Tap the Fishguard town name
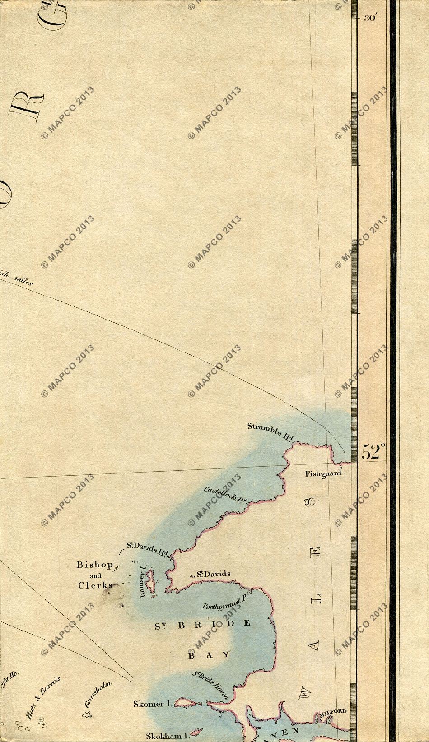click(323, 474)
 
